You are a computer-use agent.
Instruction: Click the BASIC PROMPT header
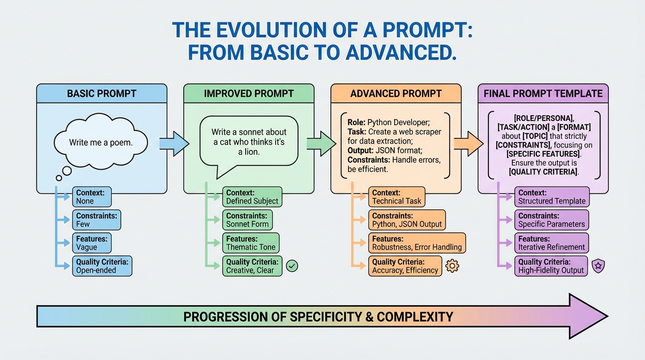coord(102,93)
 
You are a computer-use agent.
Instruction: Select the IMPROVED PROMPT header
coord(248,93)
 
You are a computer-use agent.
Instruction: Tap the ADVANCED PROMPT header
coord(396,93)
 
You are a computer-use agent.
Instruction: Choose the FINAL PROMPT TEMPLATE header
coord(543,93)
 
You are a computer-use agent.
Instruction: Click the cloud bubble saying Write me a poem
coord(101,142)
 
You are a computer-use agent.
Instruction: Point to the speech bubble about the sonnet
coord(248,142)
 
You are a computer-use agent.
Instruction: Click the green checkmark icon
coord(292,266)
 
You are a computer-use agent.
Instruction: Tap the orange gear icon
coord(452,266)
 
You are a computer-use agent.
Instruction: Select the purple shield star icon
coord(598,266)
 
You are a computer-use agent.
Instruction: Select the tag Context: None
coord(92,197)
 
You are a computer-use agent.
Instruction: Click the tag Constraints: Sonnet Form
coord(247,220)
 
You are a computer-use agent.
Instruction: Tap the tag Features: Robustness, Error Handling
coord(417,243)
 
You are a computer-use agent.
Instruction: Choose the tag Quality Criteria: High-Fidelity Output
coord(551,266)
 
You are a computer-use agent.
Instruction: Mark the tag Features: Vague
coord(92,243)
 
